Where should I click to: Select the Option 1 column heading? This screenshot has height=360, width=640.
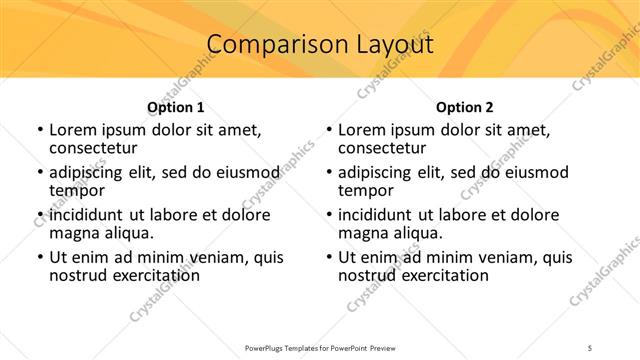[x=175, y=106]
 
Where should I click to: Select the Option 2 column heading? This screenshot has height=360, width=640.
[x=465, y=106]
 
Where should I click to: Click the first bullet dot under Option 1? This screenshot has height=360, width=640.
[x=39, y=130]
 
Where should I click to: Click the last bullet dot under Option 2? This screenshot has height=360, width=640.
[x=329, y=257]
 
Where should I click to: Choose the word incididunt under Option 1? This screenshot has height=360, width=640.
[x=87, y=215]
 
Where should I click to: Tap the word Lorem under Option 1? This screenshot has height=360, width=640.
[x=72, y=130]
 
